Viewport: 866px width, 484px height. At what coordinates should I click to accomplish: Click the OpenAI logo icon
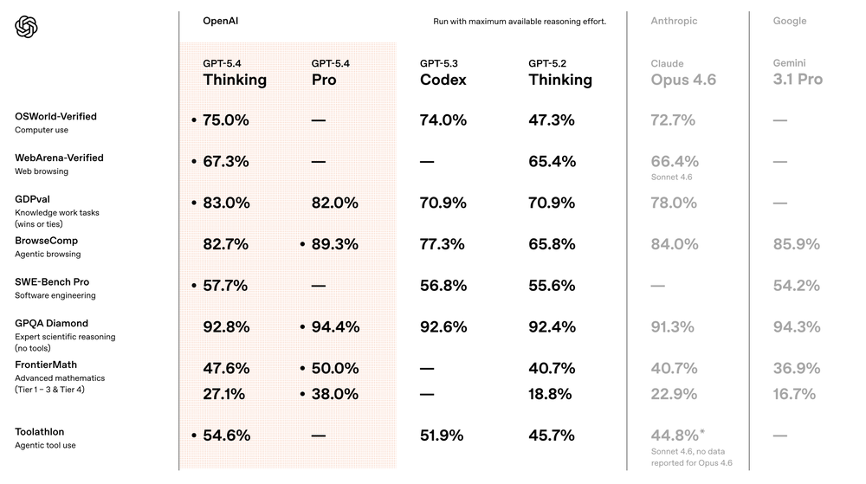(27, 28)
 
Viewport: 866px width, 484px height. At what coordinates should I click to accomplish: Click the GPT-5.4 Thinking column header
(235, 73)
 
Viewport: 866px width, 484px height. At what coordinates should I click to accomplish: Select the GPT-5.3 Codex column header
(443, 73)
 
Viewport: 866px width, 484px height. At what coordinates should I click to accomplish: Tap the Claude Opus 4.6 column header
(682, 73)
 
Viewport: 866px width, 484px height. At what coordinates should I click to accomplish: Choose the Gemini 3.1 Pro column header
(798, 73)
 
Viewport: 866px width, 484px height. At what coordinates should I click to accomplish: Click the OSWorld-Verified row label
(55, 116)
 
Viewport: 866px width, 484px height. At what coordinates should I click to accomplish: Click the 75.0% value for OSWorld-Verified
(225, 120)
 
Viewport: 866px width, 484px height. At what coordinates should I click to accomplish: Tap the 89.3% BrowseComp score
(334, 245)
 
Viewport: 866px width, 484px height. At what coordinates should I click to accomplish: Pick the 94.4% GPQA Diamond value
(334, 327)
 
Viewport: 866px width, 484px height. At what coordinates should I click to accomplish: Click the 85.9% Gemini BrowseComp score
(796, 245)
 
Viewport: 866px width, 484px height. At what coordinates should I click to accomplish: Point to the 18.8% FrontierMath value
(550, 394)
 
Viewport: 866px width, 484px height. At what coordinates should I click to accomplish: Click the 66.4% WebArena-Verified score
(674, 161)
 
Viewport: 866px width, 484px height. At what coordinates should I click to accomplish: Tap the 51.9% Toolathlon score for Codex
(443, 436)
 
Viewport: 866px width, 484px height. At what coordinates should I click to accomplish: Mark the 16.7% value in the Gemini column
(794, 394)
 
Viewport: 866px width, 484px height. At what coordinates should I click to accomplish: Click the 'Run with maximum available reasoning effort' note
(520, 22)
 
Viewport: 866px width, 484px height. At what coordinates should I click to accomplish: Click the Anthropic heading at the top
(674, 21)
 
